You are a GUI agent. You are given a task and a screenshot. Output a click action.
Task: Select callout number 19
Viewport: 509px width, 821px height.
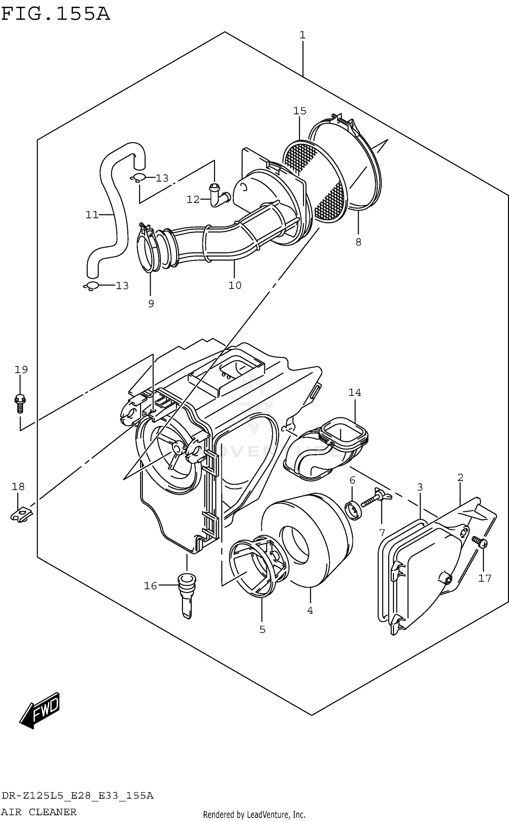(x=21, y=369)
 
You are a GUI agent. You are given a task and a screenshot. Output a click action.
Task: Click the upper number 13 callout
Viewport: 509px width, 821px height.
(x=162, y=178)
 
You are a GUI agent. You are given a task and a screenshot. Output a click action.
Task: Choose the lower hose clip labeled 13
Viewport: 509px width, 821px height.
(x=91, y=286)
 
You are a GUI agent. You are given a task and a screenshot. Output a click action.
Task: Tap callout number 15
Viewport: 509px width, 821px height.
(x=300, y=111)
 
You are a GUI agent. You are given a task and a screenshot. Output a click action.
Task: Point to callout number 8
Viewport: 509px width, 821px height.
(x=358, y=242)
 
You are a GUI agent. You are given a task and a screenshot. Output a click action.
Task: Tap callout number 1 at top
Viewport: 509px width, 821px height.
(x=302, y=35)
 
